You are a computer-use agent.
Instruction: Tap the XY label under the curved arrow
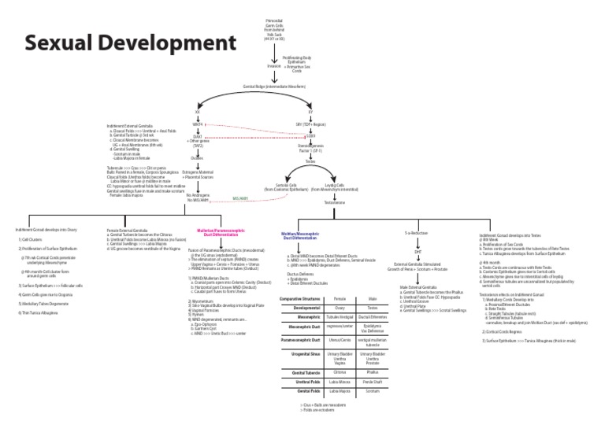(310, 112)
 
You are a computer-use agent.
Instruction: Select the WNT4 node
(198, 124)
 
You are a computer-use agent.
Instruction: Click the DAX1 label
(198, 136)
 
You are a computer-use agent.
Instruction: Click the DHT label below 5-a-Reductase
(418, 251)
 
